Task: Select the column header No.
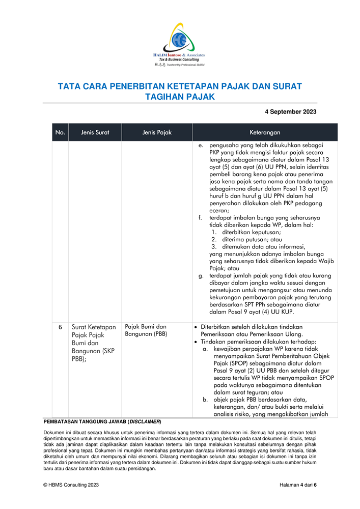(60, 132)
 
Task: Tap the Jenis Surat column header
(95, 132)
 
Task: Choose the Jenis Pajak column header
(157, 132)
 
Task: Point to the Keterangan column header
(265, 132)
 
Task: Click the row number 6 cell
(60, 327)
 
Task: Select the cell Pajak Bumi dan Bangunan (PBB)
(146, 330)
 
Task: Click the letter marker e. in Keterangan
(201, 146)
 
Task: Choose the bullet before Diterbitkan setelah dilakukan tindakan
(197, 327)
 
